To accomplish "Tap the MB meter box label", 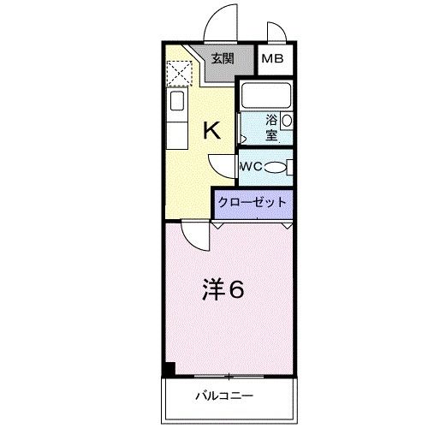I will point(273,59).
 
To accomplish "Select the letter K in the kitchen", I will point(211,130).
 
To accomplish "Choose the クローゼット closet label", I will point(253,203).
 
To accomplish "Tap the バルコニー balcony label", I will point(228,395).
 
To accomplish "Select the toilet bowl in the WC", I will point(276,168).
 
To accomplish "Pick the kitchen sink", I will point(176,104).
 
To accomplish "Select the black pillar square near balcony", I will point(170,369).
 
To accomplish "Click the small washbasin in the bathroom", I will point(288,121).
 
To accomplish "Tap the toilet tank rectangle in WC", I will point(291,167).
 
